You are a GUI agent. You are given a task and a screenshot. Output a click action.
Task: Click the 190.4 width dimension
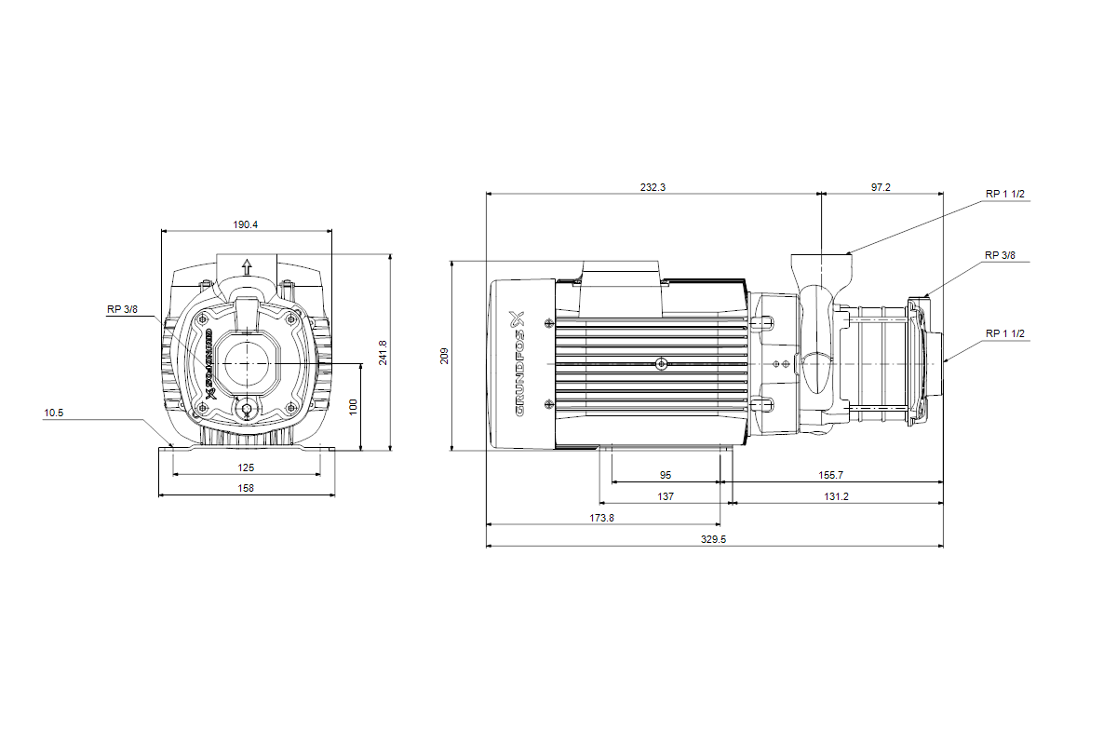point(246,224)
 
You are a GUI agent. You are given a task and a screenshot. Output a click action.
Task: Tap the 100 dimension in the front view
point(352,407)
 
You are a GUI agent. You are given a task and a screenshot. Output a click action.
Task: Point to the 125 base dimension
point(246,467)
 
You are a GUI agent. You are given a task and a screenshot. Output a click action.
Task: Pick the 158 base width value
point(246,487)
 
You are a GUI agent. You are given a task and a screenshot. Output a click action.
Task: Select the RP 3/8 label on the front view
point(122,310)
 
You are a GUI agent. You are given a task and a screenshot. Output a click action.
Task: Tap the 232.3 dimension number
point(653,187)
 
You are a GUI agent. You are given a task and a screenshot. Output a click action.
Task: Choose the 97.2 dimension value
point(881,187)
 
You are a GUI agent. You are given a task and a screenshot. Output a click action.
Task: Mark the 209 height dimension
point(444,355)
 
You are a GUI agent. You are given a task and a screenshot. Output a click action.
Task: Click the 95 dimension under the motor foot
point(666,475)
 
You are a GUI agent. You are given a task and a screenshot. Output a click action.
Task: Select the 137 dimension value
point(666,496)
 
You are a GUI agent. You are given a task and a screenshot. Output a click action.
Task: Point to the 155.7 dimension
point(831,475)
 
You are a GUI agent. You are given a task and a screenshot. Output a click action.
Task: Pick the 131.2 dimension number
point(836,496)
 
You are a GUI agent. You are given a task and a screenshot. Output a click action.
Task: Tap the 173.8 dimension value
point(602,518)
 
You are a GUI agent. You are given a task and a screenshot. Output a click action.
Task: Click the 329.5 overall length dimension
point(713,539)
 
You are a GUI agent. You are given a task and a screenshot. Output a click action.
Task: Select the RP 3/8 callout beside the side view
point(1001,254)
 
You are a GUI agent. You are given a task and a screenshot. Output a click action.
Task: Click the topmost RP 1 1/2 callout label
point(1005,194)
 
